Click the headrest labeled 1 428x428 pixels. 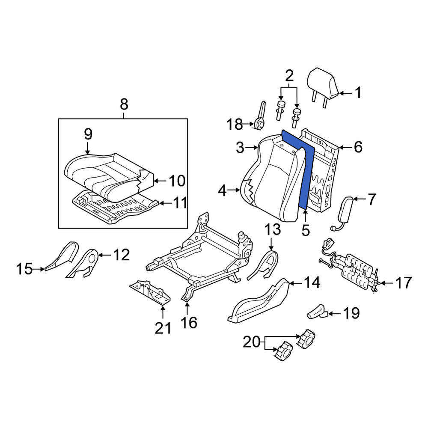pyautogui.click(x=323, y=85)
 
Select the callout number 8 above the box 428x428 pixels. pyautogui.click(x=124, y=104)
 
